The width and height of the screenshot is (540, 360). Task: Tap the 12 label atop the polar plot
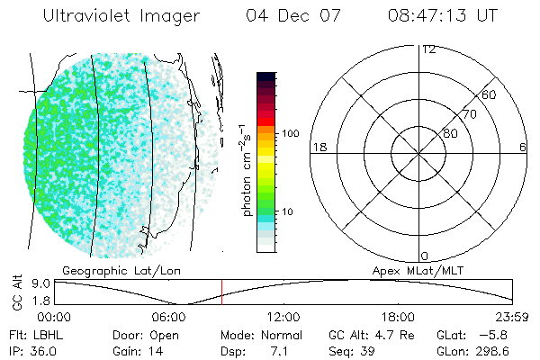(428, 49)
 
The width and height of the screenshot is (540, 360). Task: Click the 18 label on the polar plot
(319, 147)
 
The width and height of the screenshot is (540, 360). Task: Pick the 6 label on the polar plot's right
(523, 147)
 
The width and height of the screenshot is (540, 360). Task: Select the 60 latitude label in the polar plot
(490, 94)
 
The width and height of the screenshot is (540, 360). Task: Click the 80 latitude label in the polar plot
(449, 133)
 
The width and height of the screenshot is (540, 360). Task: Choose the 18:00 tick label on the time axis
(398, 316)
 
